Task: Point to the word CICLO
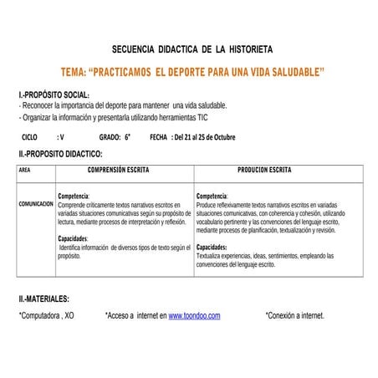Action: point(29,135)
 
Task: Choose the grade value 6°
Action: point(128,135)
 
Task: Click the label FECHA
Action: point(158,135)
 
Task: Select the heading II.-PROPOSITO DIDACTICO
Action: point(61,154)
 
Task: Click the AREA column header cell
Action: point(24,170)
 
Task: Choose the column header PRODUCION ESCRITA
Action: point(264,170)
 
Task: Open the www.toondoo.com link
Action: point(194,316)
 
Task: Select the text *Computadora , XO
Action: point(47,316)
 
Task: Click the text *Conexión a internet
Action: point(294,316)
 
